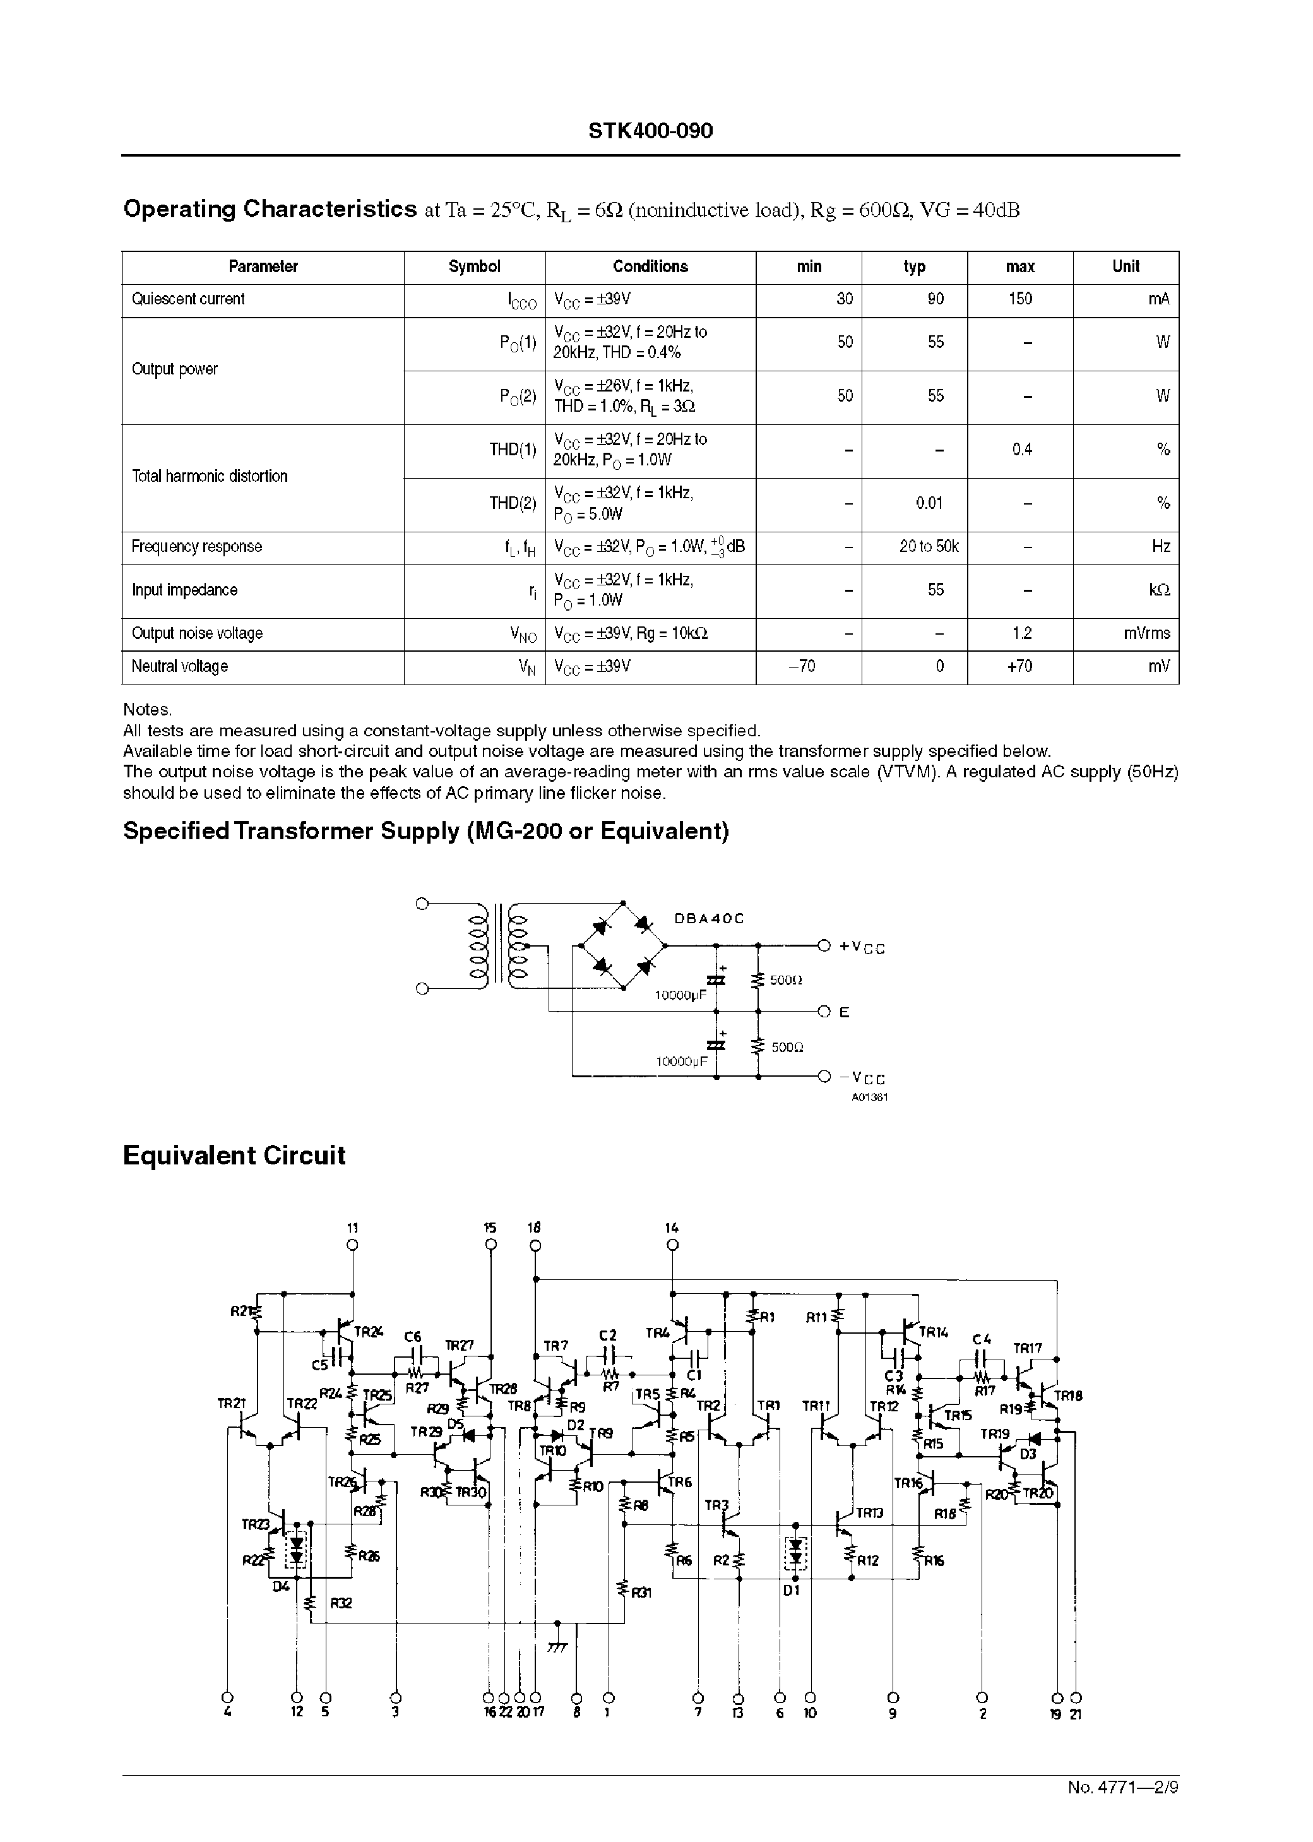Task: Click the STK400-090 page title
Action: (650, 132)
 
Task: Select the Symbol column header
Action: (474, 267)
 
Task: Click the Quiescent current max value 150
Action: (1019, 299)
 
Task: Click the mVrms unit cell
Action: (1146, 634)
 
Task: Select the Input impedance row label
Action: (184, 590)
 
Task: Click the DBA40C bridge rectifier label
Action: (708, 919)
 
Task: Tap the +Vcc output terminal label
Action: (862, 947)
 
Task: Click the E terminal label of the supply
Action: (844, 1012)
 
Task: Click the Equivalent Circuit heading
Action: (234, 1156)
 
